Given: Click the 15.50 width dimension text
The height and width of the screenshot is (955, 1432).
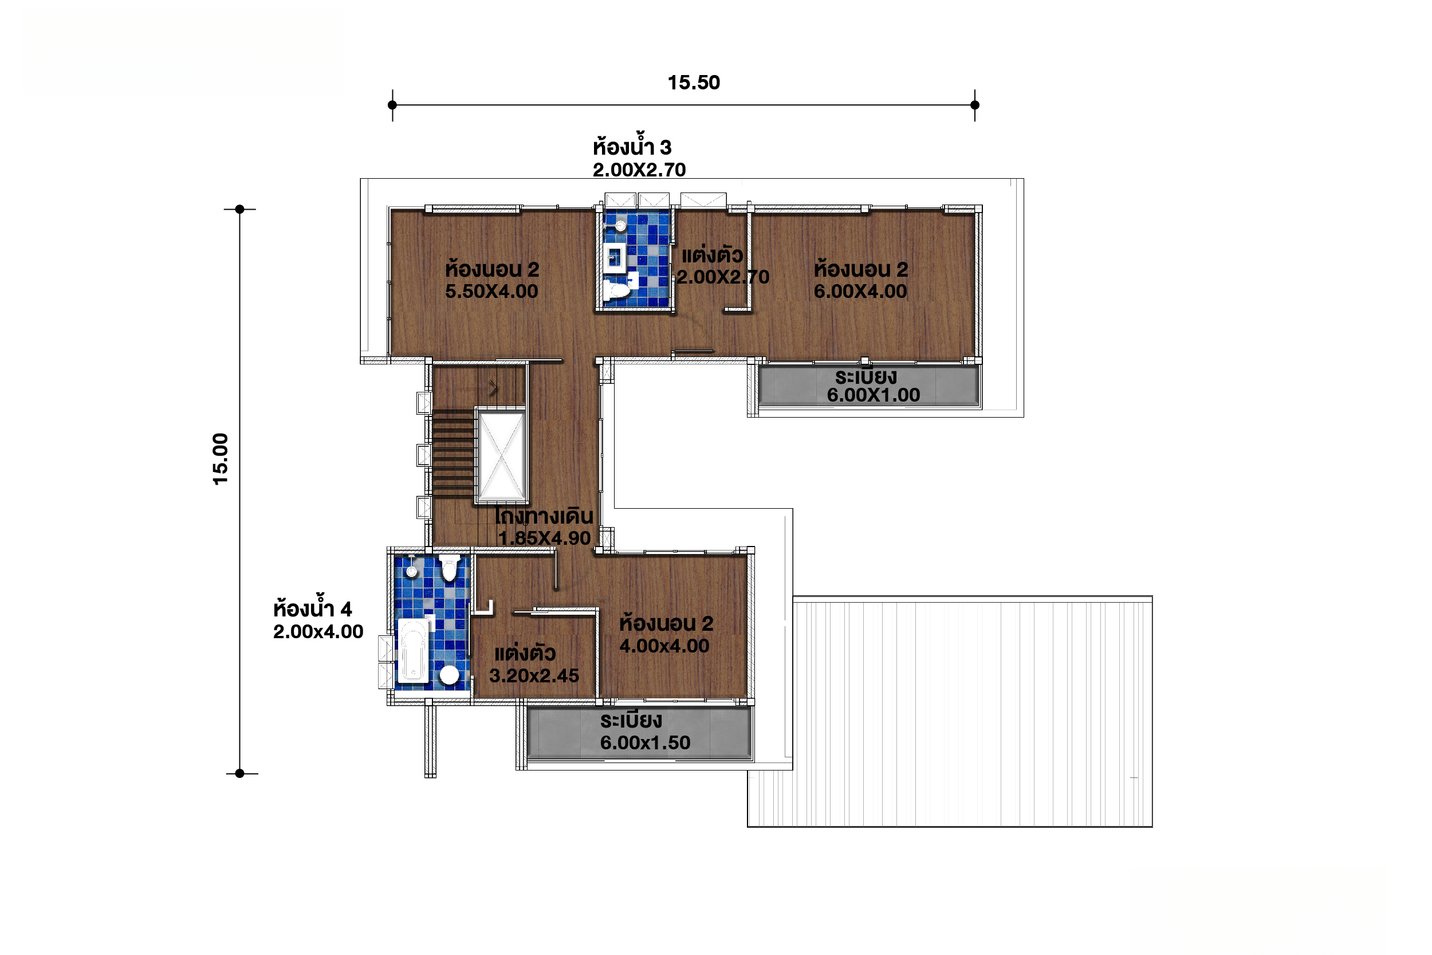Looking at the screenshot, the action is coord(694,83).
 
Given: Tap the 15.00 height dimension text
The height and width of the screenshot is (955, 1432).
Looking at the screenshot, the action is coord(221,459).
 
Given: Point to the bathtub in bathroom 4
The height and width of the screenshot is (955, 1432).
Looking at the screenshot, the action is coord(414,651).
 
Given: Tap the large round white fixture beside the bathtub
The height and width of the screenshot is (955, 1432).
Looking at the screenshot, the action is coord(449,675).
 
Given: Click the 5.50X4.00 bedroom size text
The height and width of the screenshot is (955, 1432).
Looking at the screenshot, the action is coord(491,291).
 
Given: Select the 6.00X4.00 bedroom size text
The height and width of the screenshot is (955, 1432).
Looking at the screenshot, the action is coord(860,291).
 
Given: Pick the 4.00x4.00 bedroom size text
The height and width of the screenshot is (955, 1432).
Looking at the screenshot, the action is coord(664,646).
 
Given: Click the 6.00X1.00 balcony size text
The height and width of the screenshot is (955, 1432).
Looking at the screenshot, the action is coord(873,395).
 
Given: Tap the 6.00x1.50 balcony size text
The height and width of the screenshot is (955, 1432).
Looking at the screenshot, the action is coord(646,742).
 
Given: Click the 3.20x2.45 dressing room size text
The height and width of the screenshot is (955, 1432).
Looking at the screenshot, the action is coord(534,675).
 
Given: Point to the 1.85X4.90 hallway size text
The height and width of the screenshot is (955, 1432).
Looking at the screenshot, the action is coord(544,538).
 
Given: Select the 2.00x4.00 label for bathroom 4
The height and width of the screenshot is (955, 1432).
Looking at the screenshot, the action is coord(318,631).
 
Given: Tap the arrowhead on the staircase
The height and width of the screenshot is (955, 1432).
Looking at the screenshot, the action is coord(494,387).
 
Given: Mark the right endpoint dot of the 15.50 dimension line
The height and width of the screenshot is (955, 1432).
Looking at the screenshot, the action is coord(975,105).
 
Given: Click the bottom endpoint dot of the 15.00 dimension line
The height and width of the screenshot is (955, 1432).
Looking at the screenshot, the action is coord(240,773).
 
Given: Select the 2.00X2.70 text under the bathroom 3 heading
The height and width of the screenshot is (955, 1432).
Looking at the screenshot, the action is coord(639,170).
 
